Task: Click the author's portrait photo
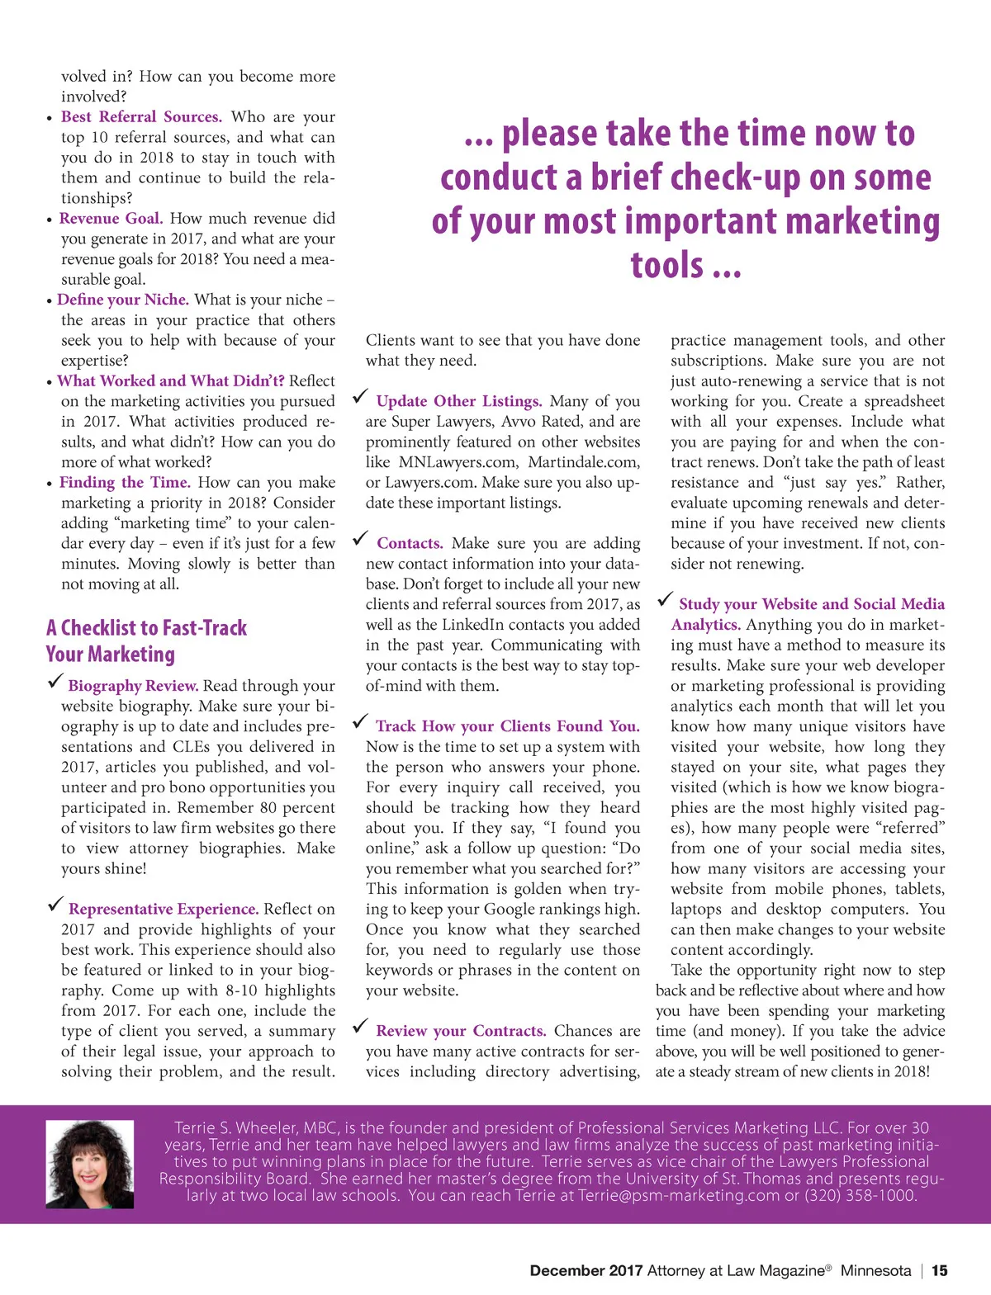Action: (89, 1164)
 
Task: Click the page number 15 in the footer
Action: (940, 1271)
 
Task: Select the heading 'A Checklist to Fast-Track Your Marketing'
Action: (146, 640)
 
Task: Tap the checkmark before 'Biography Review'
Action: (55, 681)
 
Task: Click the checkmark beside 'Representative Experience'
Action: (55, 905)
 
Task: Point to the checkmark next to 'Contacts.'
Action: (360, 539)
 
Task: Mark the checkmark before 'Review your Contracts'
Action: (360, 1027)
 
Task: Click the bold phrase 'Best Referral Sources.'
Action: (141, 117)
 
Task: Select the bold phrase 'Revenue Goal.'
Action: (111, 219)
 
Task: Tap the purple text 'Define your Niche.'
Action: (123, 300)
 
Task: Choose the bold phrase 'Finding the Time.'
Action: (125, 483)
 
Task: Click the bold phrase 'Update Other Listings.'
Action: (459, 402)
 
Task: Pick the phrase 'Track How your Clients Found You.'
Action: (507, 726)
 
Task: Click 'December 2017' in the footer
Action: (586, 1271)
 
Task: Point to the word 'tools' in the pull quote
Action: (667, 265)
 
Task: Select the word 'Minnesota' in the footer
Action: (875, 1271)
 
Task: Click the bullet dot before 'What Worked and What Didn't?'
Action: (50, 382)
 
